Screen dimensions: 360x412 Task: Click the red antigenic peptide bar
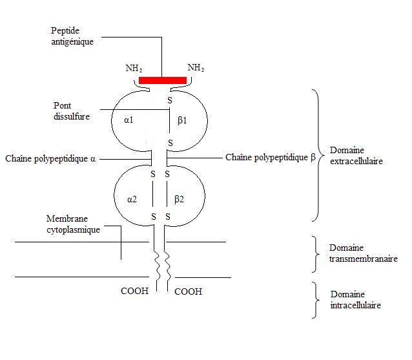tap(163, 80)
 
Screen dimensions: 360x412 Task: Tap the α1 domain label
tap(128, 120)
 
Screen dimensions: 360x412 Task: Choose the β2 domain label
tap(180, 199)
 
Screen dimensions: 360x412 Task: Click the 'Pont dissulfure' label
tap(72, 111)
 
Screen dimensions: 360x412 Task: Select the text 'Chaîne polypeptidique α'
tap(50, 158)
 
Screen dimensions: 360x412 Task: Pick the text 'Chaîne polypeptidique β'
tap(270, 157)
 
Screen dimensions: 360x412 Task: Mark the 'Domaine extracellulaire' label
tap(356, 155)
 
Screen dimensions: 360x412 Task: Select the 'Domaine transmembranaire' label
tap(363, 253)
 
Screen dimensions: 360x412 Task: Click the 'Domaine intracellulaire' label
tap(355, 300)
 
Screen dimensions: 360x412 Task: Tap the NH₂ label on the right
tap(196, 67)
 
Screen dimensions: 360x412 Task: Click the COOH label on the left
tap(134, 291)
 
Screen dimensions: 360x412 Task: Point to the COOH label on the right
tap(188, 291)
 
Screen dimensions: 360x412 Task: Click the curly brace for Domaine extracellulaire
tap(316, 155)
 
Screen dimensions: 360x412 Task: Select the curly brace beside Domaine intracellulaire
tap(316, 300)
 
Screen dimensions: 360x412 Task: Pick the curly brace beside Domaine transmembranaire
tap(316, 253)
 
